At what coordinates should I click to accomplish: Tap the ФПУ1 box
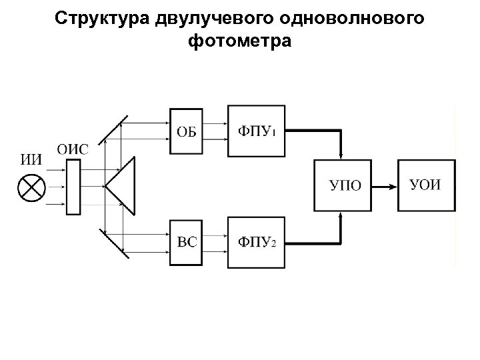click(257, 131)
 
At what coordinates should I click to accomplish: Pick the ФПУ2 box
click(257, 242)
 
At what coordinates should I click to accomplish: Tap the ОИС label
click(72, 149)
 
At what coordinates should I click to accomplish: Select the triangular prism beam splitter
click(123, 186)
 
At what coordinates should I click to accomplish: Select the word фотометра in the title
click(240, 41)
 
